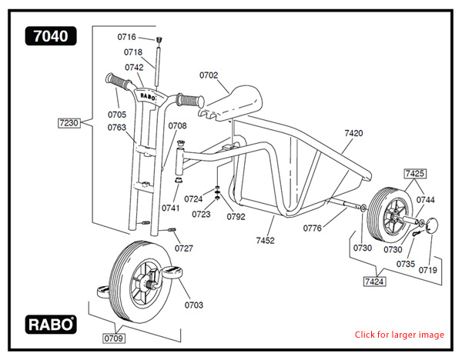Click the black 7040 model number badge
click(x=51, y=35)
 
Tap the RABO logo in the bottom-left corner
click(x=51, y=324)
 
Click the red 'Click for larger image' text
click(x=399, y=335)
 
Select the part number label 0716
click(x=126, y=37)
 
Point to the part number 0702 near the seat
click(x=209, y=75)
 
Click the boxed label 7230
click(x=69, y=122)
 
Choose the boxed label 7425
click(x=415, y=173)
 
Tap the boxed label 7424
click(x=375, y=282)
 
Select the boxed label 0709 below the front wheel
click(x=115, y=337)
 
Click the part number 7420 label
click(x=353, y=133)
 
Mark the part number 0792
click(x=236, y=216)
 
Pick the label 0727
click(x=184, y=248)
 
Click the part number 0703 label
click(x=194, y=305)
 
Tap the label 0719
click(x=427, y=270)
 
